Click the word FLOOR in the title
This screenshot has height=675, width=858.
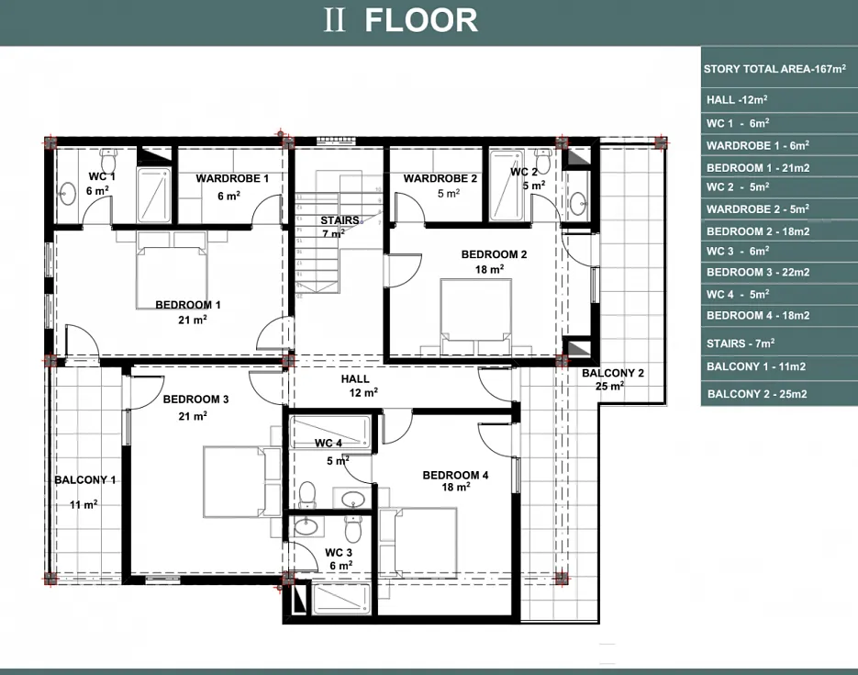click(x=421, y=20)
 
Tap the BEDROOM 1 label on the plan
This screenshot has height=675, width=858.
click(x=188, y=305)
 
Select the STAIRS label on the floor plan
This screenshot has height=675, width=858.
click(x=340, y=220)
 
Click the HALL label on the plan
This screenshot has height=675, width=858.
click(x=355, y=378)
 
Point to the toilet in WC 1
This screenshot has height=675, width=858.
click(x=109, y=161)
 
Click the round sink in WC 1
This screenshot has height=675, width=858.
click(x=68, y=193)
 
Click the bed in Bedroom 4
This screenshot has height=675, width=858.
click(x=426, y=543)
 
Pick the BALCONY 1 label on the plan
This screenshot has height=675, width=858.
click(x=84, y=480)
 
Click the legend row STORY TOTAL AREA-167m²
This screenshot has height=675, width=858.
click(x=774, y=69)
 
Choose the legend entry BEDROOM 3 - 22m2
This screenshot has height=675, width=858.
click(x=758, y=272)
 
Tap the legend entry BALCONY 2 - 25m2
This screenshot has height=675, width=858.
click(x=757, y=394)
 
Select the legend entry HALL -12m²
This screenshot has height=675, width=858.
click(x=737, y=99)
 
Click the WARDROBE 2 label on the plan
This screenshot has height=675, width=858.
click(x=440, y=178)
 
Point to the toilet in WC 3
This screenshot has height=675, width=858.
click(x=353, y=527)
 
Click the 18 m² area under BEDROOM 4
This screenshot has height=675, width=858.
click(x=456, y=487)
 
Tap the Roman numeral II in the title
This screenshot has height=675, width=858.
click(x=334, y=20)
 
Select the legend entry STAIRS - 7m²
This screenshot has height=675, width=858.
click(x=741, y=343)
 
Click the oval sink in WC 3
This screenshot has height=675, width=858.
click(x=306, y=526)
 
